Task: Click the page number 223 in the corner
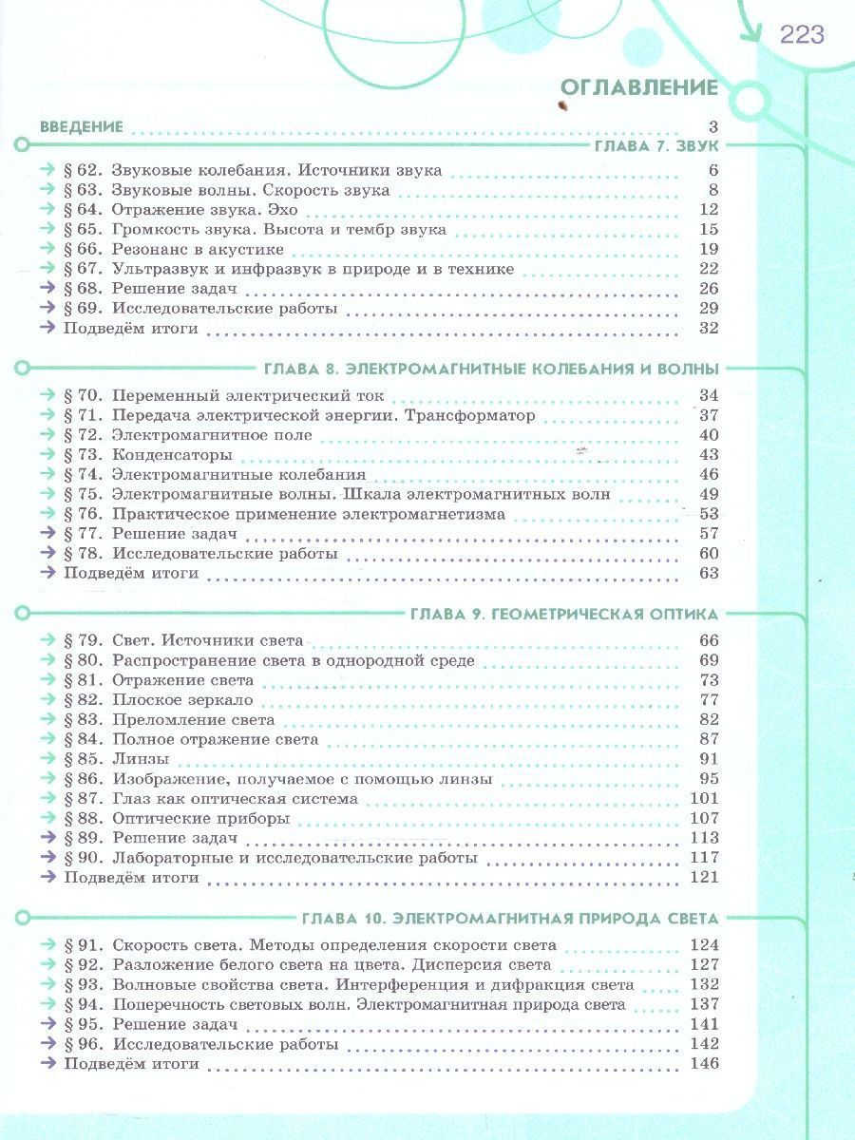click(x=802, y=36)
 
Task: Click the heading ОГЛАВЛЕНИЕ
click(x=638, y=87)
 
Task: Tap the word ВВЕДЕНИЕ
click(x=82, y=126)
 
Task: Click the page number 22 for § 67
click(x=708, y=269)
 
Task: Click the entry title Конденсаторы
click(x=172, y=455)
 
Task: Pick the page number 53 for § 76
click(x=708, y=514)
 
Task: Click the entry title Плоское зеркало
click(x=183, y=700)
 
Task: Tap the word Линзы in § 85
click(x=141, y=759)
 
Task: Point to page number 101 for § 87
click(x=704, y=798)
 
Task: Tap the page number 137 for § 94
click(x=704, y=1004)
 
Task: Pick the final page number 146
click(x=704, y=1063)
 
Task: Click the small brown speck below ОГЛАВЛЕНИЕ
click(x=566, y=106)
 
